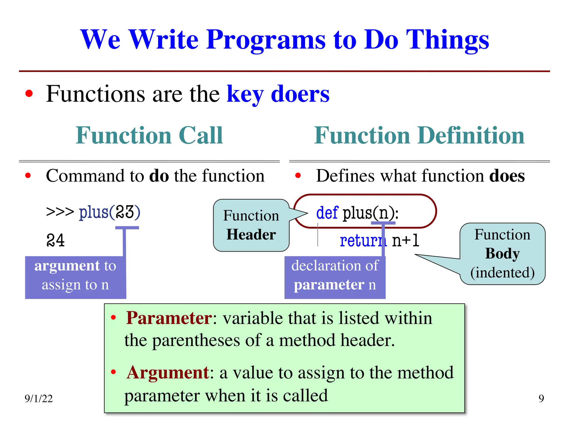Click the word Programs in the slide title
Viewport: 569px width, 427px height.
pyautogui.click(x=266, y=40)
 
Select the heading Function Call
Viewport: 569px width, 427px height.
pyautogui.click(x=149, y=135)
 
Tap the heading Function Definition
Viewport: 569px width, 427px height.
pyautogui.click(x=419, y=135)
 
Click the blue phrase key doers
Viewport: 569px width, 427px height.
pyautogui.click(x=278, y=94)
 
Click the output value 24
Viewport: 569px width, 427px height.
pyautogui.click(x=56, y=240)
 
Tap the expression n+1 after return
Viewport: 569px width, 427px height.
pyautogui.click(x=405, y=240)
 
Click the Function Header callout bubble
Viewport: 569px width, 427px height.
pyautogui.click(x=251, y=225)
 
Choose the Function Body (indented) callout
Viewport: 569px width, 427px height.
pyautogui.click(x=502, y=254)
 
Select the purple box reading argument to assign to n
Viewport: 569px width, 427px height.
pyautogui.click(x=75, y=275)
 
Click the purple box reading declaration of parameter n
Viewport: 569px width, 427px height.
pyautogui.click(x=335, y=275)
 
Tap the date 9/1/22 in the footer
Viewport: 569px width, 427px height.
pyautogui.click(x=39, y=398)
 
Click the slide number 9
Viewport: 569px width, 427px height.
pyautogui.click(x=541, y=398)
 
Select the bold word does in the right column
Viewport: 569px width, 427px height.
pyautogui.click(x=507, y=176)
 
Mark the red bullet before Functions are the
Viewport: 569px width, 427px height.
pyautogui.click(x=29, y=94)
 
